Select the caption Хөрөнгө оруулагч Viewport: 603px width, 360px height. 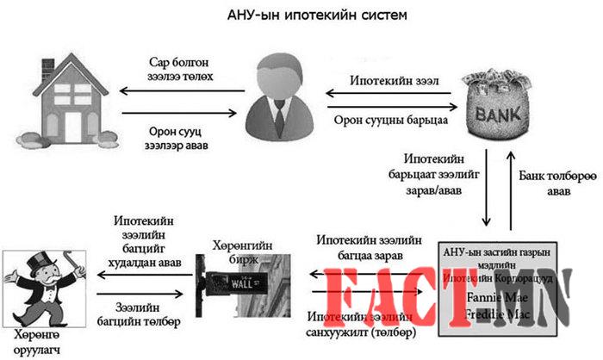click(42, 340)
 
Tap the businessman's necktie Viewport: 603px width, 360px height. click(280, 113)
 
